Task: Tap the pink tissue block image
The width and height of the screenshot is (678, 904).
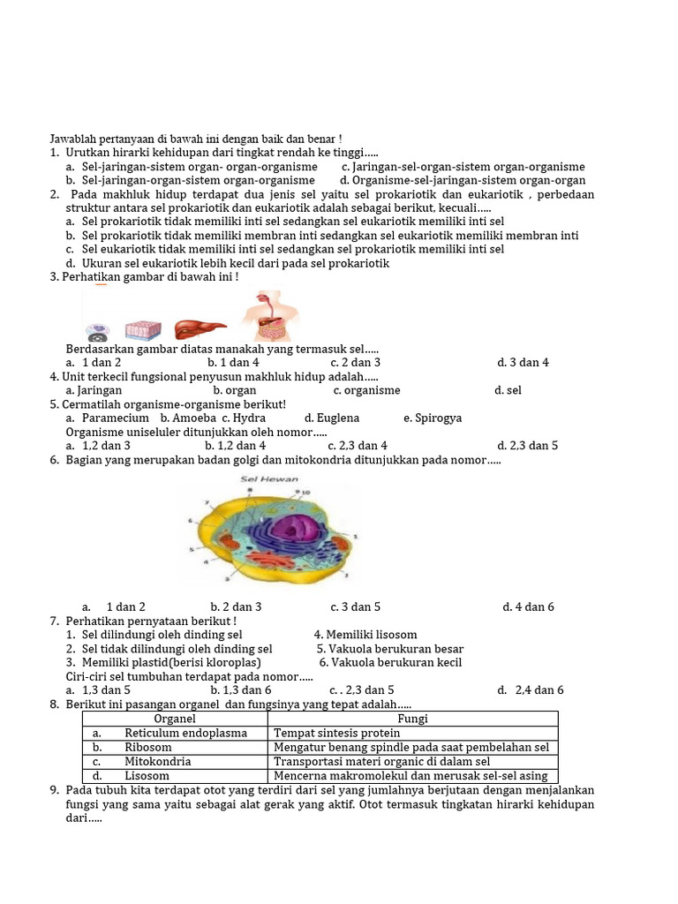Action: click(x=143, y=330)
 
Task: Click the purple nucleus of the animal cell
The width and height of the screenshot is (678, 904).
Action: click(x=298, y=529)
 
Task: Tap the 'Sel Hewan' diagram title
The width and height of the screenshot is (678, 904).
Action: click(x=269, y=479)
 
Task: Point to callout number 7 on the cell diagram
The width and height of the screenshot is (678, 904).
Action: click(x=207, y=502)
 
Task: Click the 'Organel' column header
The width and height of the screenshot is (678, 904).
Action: click(x=175, y=719)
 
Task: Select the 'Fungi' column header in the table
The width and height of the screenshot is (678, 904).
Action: click(x=413, y=719)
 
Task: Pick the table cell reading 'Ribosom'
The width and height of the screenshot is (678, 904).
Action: click(x=148, y=747)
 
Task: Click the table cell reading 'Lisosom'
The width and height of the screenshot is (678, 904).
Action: click(x=147, y=776)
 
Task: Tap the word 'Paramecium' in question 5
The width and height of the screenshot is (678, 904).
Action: click(x=115, y=418)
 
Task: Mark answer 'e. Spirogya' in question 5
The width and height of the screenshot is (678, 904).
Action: click(x=433, y=418)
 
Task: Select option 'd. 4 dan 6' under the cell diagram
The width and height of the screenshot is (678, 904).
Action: click(x=528, y=606)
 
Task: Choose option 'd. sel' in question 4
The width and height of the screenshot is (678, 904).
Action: click(x=508, y=389)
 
